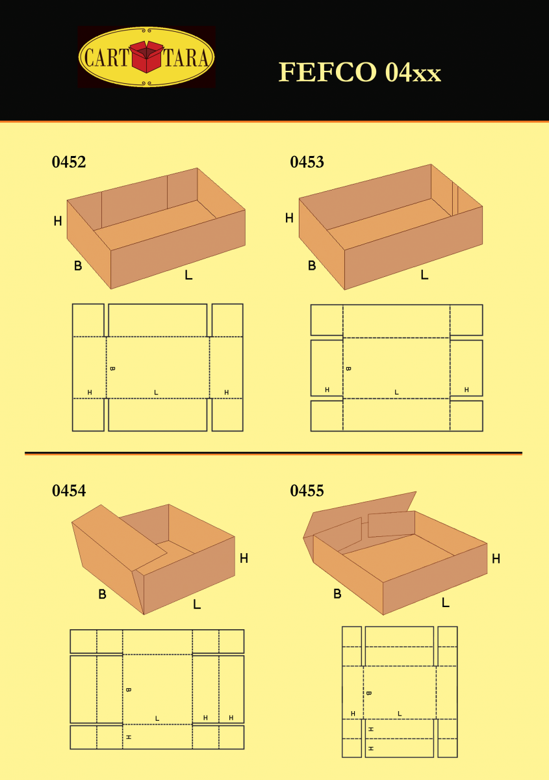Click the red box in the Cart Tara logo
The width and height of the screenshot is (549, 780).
click(147, 57)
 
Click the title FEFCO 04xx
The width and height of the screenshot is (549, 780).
click(359, 72)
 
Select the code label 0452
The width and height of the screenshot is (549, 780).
click(69, 162)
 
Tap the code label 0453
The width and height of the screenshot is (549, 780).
click(307, 162)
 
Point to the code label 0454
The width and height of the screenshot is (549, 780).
click(69, 491)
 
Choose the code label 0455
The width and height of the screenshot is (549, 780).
click(307, 491)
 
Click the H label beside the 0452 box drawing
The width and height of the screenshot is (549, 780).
click(58, 222)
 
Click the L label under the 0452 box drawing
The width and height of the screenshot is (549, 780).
click(188, 275)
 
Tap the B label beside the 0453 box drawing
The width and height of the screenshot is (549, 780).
click(312, 266)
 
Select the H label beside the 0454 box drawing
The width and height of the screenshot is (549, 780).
click(244, 558)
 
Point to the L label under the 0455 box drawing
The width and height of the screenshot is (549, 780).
click(445, 603)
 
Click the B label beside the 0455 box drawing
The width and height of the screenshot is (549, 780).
click(337, 593)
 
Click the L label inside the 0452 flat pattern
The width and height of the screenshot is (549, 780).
click(156, 392)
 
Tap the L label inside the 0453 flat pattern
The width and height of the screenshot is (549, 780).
click(396, 392)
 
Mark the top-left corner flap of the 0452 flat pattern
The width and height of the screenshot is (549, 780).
click(88, 319)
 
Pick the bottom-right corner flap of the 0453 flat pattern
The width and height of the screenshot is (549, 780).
click(466, 416)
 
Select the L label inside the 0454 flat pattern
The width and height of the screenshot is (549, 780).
click(157, 718)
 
